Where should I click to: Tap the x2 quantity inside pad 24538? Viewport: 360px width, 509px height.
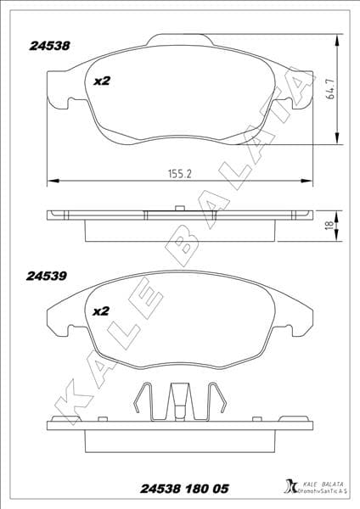pyautogui.click(x=102, y=81)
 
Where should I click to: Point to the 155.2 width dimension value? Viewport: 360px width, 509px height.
pyautogui.click(x=179, y=172)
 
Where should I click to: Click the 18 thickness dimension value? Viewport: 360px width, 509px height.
pyautogui.click(x=329, y=226)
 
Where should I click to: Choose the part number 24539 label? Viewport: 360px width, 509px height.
pyautogui.click(x=48, y=277)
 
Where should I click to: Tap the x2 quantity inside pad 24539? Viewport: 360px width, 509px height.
pyautogui.click(x=101, y=310)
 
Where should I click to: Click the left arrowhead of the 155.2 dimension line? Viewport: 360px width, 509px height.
pyautogui.click(x=51, y=181)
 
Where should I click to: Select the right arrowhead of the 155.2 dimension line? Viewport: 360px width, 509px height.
pyautogui.click(x=307, y=181)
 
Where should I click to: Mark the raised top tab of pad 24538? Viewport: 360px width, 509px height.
pyautogui.click(x=180, y=38)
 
